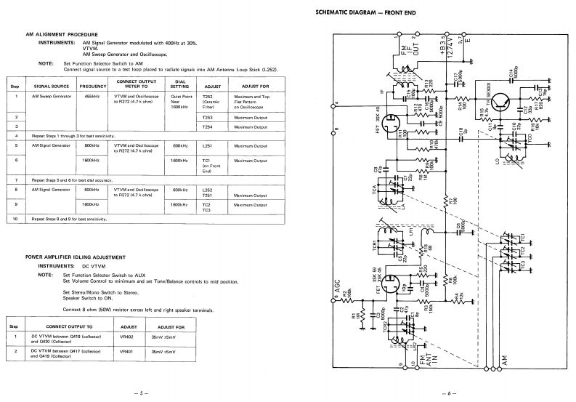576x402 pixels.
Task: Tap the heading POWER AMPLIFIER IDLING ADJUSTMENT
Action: pos(78,257)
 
